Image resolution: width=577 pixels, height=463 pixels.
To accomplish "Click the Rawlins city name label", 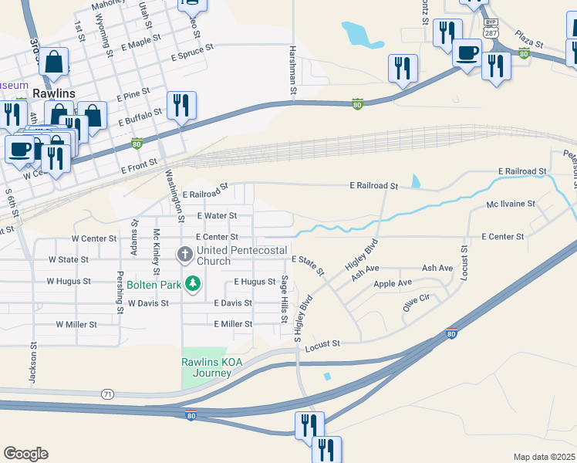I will click(53, 93).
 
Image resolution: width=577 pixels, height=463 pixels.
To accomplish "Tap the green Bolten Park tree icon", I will click(194, 284).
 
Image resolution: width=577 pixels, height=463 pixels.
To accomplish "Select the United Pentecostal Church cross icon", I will click(184, 253).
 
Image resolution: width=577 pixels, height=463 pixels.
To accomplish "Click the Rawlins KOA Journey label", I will click(207, 367).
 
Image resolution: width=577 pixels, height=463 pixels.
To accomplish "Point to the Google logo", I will click(25, 454).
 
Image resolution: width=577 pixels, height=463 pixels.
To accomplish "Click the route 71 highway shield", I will click(107, 394).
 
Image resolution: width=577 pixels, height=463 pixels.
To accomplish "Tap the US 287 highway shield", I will click(491, 34).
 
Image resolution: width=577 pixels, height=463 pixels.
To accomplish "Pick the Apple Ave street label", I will click(393, 284).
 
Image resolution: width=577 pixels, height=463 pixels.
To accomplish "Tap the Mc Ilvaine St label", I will click(511, 204).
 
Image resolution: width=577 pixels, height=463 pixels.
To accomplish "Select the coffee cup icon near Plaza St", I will click(467, 52).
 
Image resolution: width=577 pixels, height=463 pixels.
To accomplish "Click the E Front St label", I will click(139, 165).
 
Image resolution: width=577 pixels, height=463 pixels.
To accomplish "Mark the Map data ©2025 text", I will click(545, 457).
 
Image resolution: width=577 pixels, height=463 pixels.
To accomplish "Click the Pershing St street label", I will click(120, 292).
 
